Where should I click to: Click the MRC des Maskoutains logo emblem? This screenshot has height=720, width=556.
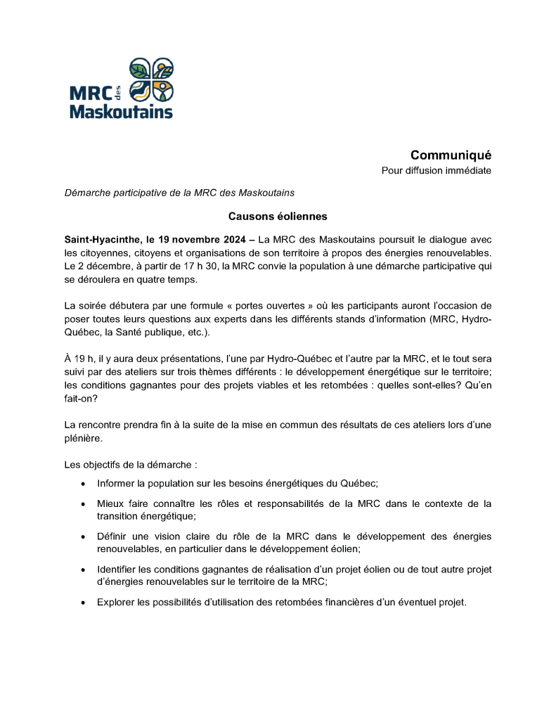[x=152, y=79]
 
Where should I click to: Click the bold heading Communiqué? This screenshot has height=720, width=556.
[x=451, y=155]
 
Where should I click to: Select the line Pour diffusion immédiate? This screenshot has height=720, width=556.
[x=436, y=171]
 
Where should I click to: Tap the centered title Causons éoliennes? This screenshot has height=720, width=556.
[x=278, y=217]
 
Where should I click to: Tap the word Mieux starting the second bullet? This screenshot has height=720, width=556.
[x=110, y=503]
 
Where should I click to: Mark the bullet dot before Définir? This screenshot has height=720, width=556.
[x=84, y=536]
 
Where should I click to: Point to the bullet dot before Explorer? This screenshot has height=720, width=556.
[x=84, y=603]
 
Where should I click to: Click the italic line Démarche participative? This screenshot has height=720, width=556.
[x=179, y=193]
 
